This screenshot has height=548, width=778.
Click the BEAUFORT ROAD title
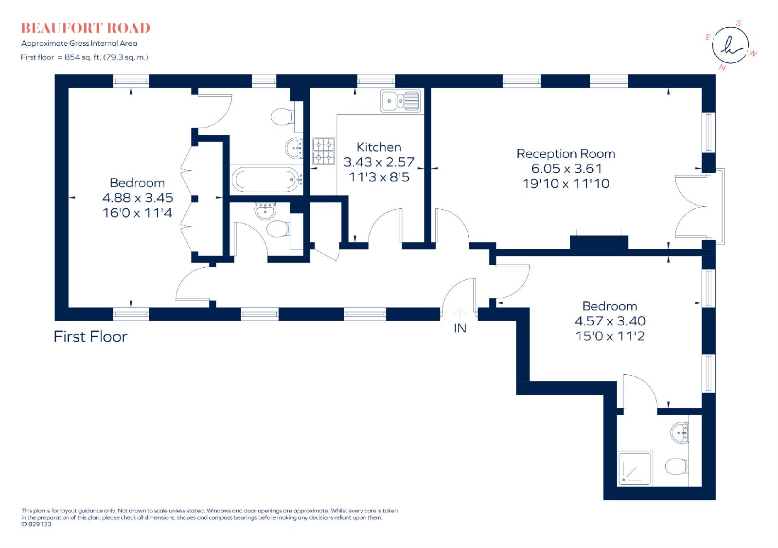click(86, 28)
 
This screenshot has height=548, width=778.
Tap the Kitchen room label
click(379, 147)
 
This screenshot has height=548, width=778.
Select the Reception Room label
click(566, 154)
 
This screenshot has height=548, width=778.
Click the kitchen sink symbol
click(401, 101)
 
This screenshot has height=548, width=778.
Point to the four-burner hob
click(323, 151)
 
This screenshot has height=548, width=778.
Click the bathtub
click(267, 180)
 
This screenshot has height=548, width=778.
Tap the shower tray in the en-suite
click(635, 468)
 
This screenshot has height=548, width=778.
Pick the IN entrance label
click(460, 328)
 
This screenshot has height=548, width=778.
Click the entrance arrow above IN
click(460, 313)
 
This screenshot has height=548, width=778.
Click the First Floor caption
click(90, 337)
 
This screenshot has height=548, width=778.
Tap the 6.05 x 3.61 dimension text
click(566, 169)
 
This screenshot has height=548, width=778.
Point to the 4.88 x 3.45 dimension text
click(138, 198)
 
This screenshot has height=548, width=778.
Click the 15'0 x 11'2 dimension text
click(610, 336)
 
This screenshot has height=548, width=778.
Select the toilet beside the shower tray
click(676, 467)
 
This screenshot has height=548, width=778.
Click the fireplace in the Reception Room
click(599, 239)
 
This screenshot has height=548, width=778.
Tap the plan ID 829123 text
click(36, 524)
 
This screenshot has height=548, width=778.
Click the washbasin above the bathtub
click(295, 148)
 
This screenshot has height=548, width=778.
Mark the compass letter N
click(723, 68)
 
